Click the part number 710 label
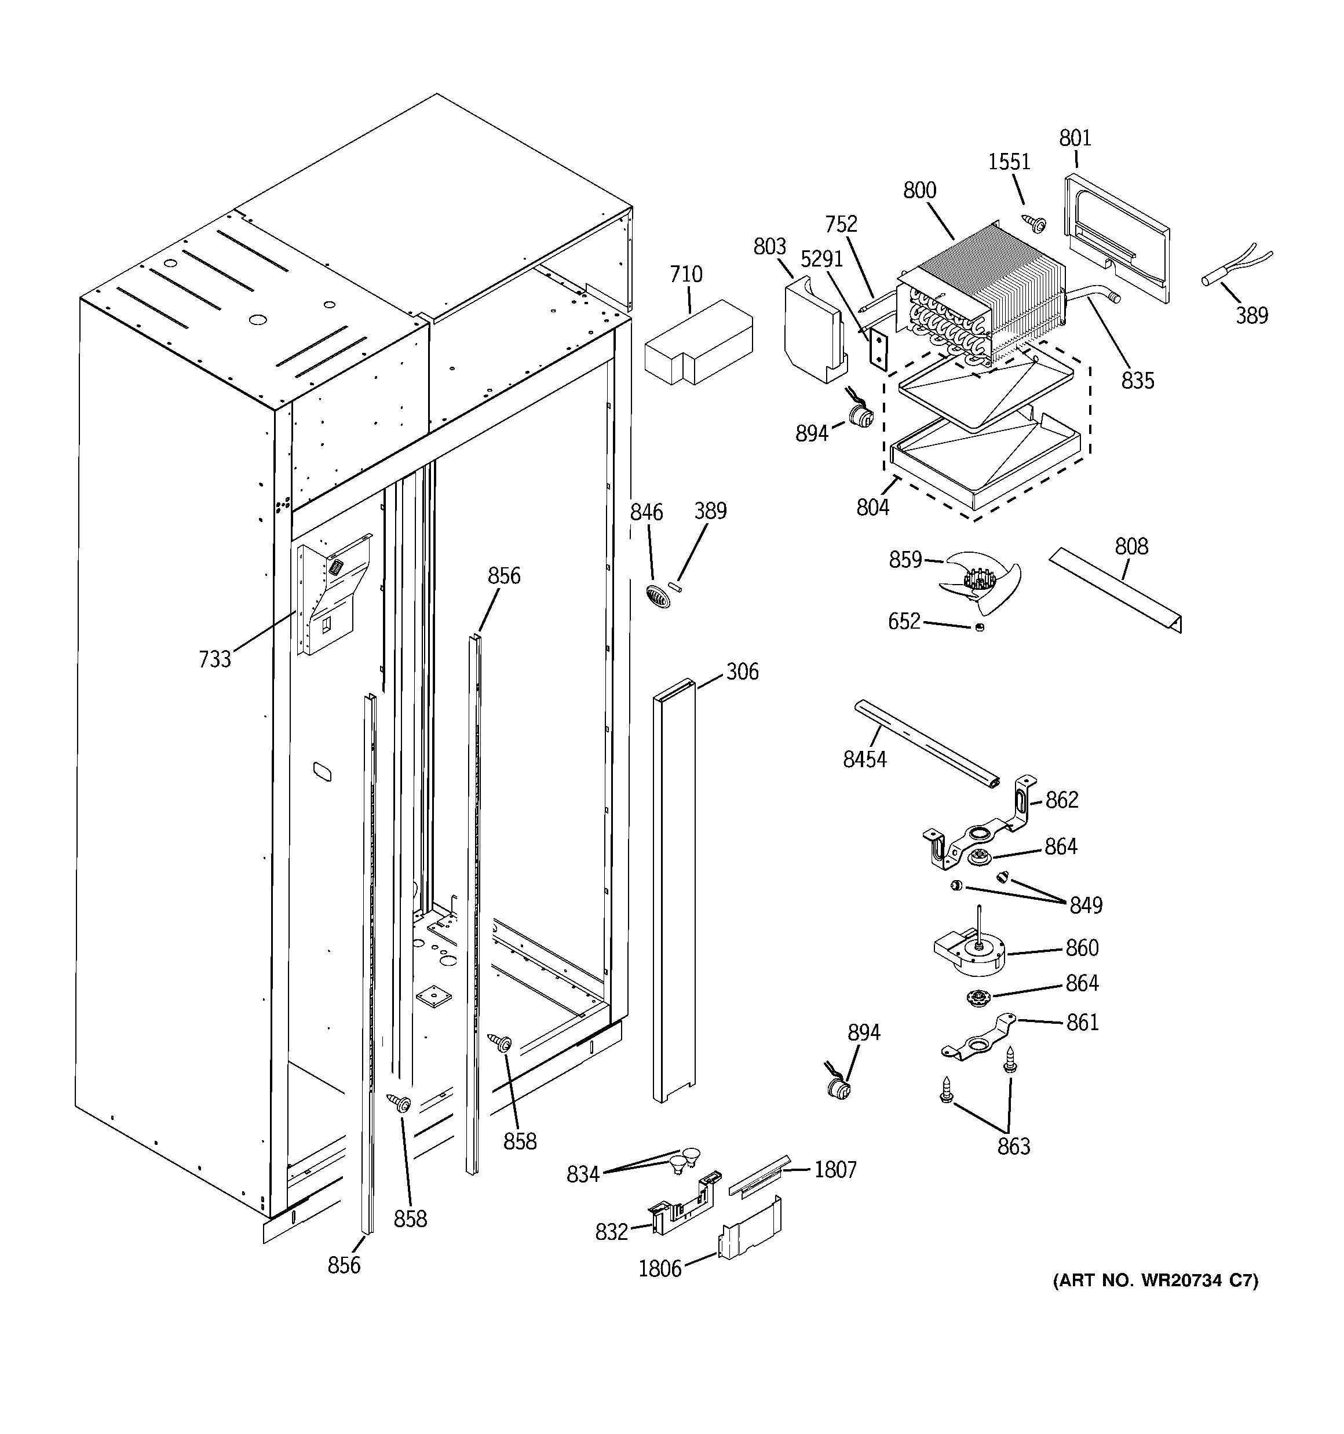(685, 275)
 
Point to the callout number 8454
(864, 759)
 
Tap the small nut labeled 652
(979, 627)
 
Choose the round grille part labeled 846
(658, 597)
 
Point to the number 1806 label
(659, 1269)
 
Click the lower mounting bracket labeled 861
(977, 1041)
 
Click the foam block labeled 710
(698, 342)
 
